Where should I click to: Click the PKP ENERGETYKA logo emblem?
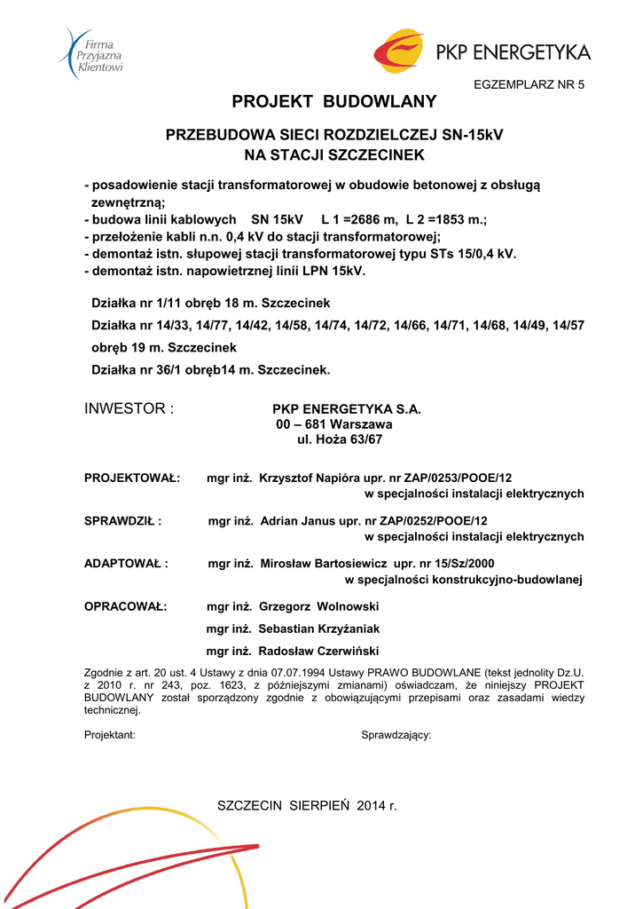[x=398, y=51]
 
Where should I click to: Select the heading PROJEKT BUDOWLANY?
[x=334, y=101]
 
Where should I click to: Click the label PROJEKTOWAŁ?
[x=132, y=478]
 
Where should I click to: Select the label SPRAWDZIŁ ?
[x=123, y=521]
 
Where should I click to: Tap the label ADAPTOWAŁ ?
[x=126, y=564]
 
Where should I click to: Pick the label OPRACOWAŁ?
[x=125, y=606]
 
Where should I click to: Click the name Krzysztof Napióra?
[x=314, y=478]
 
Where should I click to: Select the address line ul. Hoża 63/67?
[x=333, y=440]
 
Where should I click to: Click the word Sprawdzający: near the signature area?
[x=396, y=735]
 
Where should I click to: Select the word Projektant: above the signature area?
[x=110, y=735]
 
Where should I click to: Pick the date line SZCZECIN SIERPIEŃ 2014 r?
[x=308, y=805]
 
